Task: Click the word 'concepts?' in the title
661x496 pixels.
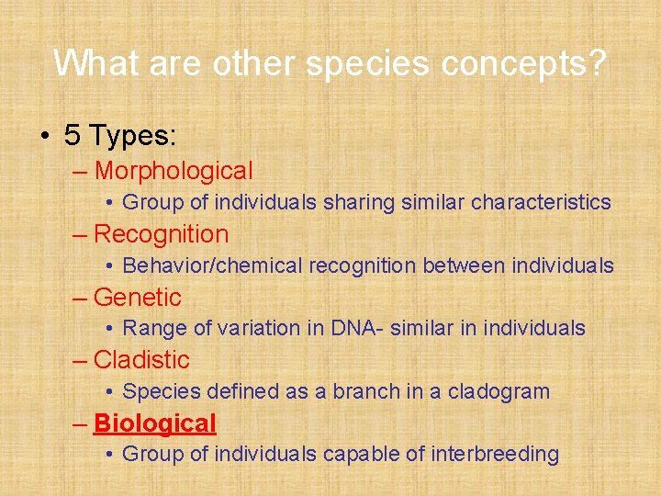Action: pyautogui.click(x=523, y=64)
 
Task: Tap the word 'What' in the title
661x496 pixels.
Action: pyautogui.click(x=96, y=62)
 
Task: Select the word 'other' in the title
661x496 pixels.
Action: pyautogui.click(x=253, y=62)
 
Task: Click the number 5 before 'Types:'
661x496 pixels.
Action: pyautogui.click(x=73, y=134)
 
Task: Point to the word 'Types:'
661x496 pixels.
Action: pyautogui.click(x=132, y=137)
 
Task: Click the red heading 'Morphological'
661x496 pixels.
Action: pyautogui.click(x=174, y=172)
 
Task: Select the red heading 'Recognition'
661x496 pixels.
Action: pyautogui.click(x=161, y=235)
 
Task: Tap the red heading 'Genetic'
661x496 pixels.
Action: pyautogui.click(x=138, y=297)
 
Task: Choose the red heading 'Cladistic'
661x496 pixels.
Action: pyautogui.click(x=141, y=360)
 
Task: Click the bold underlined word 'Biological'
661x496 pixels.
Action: pyautogui.click(x=155, y=423)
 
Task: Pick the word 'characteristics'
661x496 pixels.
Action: pyautogui.click(x=541, y=202)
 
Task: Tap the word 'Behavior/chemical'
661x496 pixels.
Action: pyautogui.click(x=212, y=265)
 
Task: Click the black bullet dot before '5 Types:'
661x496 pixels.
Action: pyautogui.click(x=45, y=136)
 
